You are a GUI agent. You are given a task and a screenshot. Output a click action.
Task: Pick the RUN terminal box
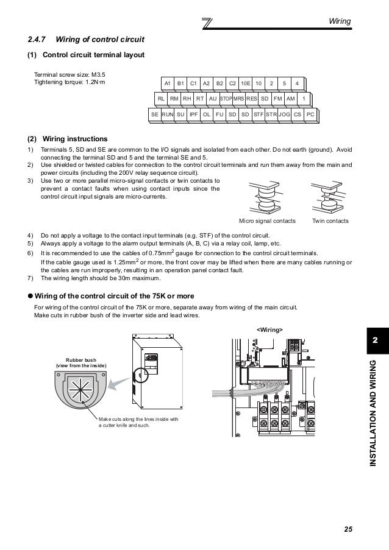(x=168, y=114)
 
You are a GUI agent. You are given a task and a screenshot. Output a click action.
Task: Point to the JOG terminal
(x=284, y=114)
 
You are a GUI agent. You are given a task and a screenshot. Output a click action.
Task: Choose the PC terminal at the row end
(x=310, y=114)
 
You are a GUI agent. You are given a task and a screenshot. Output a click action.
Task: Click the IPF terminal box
(x=193, y=114)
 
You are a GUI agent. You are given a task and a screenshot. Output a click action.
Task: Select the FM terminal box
(x=277, y=98)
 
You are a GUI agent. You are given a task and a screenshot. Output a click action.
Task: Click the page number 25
(x=348, y=528)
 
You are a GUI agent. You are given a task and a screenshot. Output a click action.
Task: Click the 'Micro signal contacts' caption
(x=268, y=220)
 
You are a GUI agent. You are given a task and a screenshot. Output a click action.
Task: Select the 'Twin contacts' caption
(x=330, y=220)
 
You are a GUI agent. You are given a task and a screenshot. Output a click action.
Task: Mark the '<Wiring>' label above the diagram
(x=269, y=329)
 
